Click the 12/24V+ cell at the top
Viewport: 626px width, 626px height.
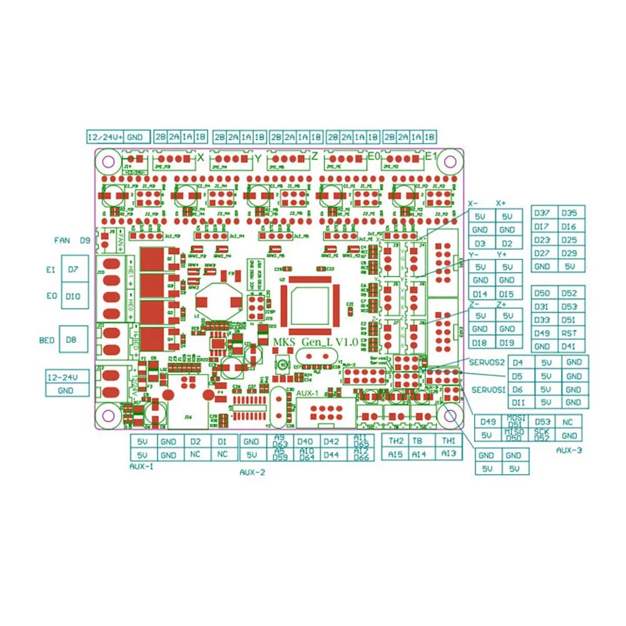(104, 137)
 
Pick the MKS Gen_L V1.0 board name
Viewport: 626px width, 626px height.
(315, 343)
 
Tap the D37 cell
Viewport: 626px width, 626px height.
(543, 213)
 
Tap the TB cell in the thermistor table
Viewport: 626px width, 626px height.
(418, 441)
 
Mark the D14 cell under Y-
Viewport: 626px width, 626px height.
(480, 294)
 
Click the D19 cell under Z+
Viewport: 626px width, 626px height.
(507, 343)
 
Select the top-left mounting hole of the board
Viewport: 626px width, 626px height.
(108, 163)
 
